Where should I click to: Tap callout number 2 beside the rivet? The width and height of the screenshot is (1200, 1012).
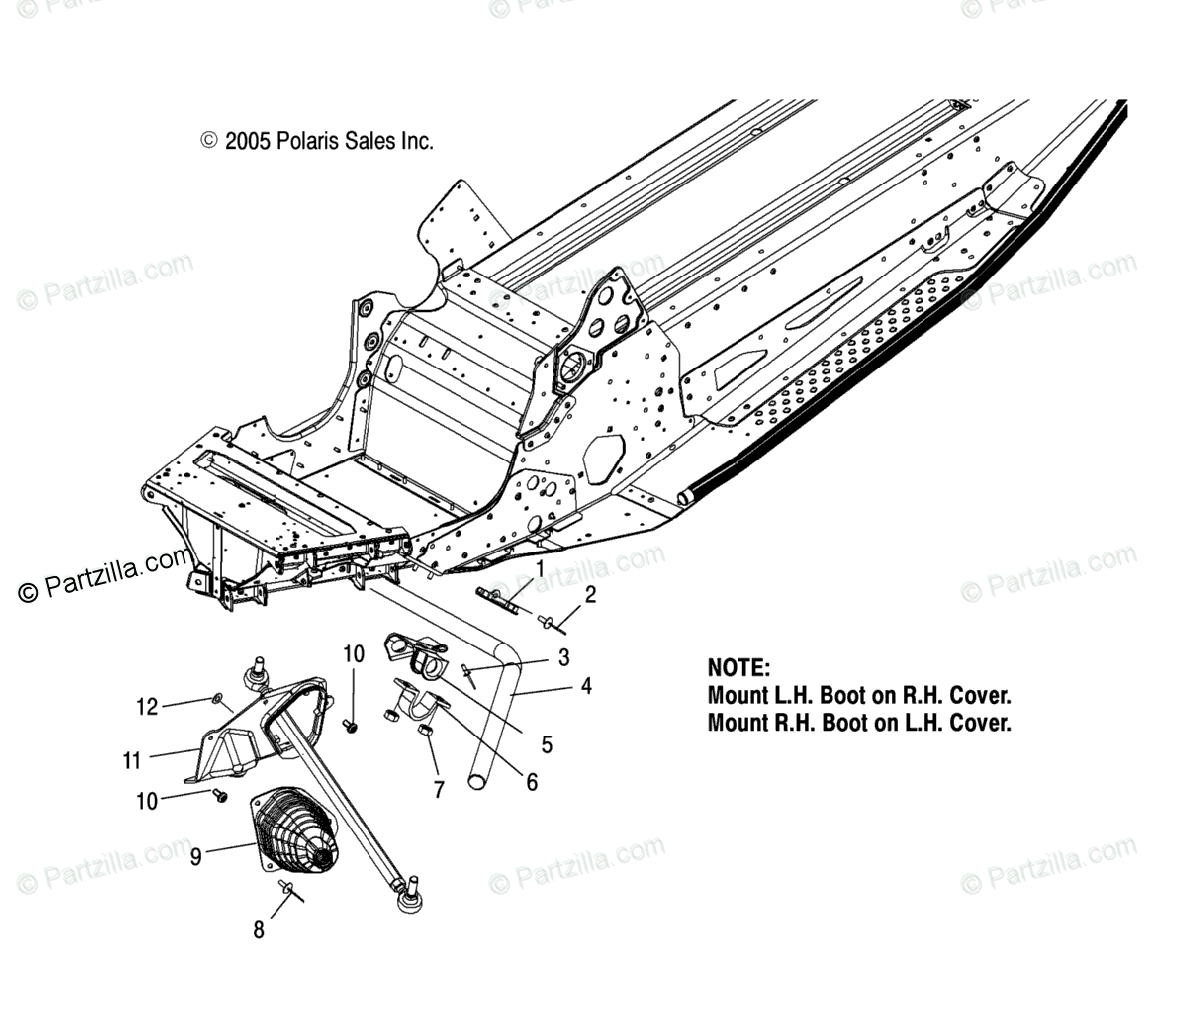click(590, 596)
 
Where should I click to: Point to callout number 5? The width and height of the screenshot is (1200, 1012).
click(547, 745)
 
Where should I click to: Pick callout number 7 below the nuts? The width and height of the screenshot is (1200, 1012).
click(439, 789)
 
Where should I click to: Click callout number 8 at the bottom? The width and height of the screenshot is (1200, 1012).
click(259, 930)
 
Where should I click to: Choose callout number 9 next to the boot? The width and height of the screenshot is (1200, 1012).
click(196, 856)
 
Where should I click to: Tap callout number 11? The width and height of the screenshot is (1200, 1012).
click(132, 761)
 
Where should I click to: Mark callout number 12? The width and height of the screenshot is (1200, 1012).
click(147, 708)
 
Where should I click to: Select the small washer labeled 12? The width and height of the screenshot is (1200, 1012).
click(216, 698)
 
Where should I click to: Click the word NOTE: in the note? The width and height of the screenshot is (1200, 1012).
click(738, 668)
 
